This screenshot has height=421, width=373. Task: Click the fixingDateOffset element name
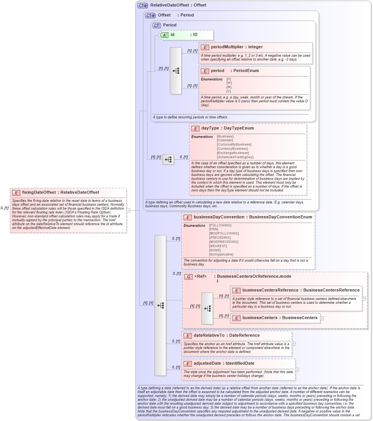coord(38,192)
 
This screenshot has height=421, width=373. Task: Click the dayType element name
coord(210,128)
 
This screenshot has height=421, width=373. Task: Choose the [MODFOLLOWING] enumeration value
coord(224,233)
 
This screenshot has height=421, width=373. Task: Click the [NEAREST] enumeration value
coord(218,246)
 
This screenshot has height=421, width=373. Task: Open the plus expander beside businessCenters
coord(322,318)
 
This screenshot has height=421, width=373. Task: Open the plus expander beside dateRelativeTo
coord(294,344)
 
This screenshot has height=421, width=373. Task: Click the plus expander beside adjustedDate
coord(297,370)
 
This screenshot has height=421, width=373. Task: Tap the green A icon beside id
coord(164,35)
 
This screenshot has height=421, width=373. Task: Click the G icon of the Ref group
coord(188,276)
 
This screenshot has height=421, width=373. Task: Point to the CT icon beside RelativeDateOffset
coord(143,5)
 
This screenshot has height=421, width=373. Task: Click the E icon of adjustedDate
coord(188,363)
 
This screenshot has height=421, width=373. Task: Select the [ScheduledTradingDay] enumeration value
coord(235,157)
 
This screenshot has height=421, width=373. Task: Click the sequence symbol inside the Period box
coord(176,71)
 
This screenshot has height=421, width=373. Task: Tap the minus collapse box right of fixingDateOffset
coord(128,210)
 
